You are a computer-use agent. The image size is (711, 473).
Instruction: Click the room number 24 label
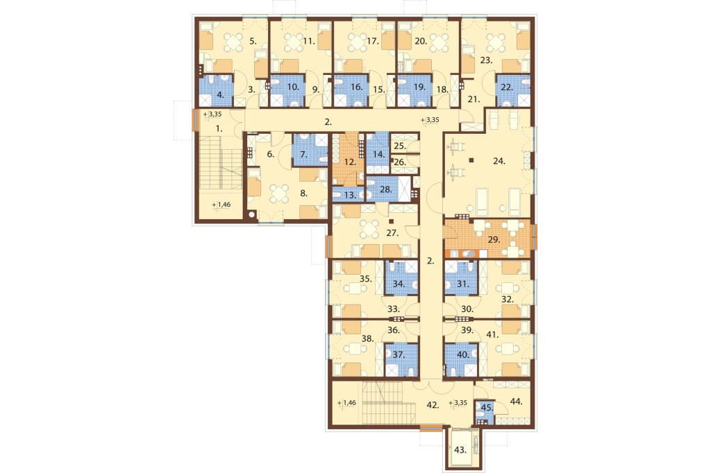point(499,161)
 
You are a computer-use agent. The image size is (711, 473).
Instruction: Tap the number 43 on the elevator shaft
point(460,450)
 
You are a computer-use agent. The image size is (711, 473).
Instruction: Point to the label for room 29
point(494,240)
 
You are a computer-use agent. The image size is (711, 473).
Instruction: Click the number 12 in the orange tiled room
point(349,162)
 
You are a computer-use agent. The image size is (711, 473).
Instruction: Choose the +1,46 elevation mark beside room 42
point(348,402)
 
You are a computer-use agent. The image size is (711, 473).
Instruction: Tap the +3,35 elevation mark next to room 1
point(212,114)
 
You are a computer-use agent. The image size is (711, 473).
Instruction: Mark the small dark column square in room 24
point(472,160)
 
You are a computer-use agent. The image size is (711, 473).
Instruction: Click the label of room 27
point(392,233)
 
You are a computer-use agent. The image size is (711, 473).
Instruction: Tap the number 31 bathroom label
point(462,284)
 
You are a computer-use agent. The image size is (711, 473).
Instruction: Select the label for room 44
point(517,401)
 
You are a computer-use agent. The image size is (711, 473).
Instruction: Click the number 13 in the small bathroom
point(350,196)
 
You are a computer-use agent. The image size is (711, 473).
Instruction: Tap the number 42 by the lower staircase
point(433,406)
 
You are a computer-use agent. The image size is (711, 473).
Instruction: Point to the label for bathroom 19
point(419,87)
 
